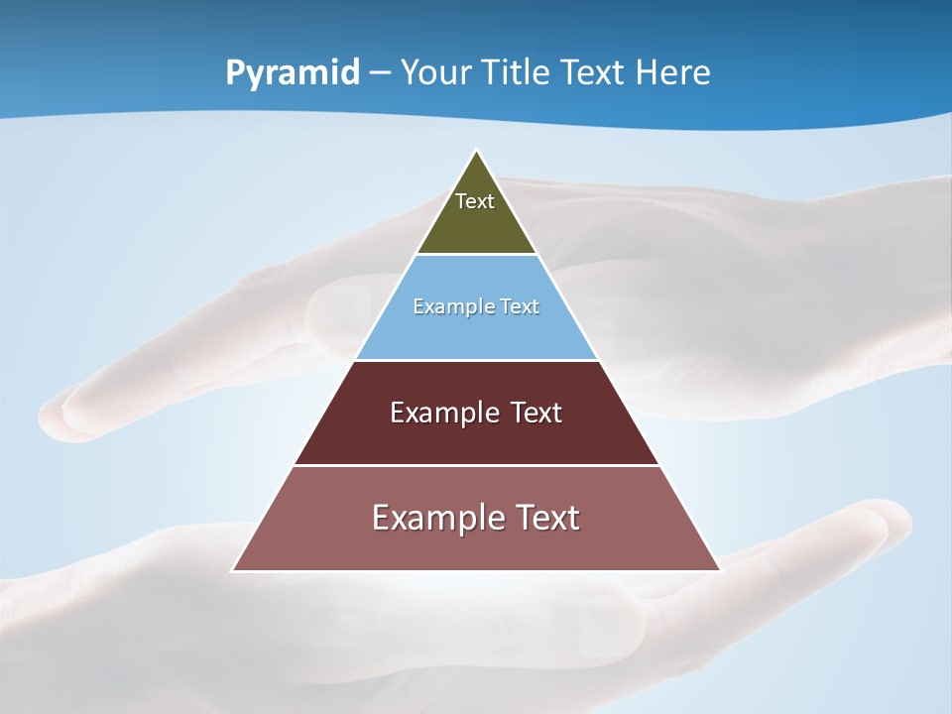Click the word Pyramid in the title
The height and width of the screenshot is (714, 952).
pyautogui.click(x=293, y=73)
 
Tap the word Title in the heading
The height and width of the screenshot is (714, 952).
pyautogui.click(x=510, y=73)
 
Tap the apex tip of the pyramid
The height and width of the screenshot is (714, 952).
pyautogui.click(x=476, y=152)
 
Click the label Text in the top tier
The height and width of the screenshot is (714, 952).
pyautogui.click(x=475, y=201)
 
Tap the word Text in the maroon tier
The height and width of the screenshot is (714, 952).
pyautogui.click(x=535, y=413)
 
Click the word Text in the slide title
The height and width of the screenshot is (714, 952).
pyautogui.click(x=591, y=73)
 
